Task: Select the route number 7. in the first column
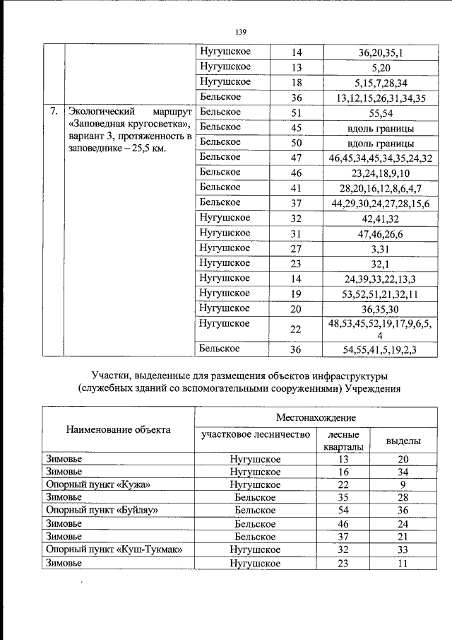53,112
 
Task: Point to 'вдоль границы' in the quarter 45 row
381,128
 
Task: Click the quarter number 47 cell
296,158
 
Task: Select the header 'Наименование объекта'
118,430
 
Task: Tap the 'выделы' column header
403,441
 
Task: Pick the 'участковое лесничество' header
256,435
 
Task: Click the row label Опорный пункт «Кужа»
98,484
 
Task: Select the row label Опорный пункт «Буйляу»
101,510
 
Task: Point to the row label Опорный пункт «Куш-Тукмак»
114,549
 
